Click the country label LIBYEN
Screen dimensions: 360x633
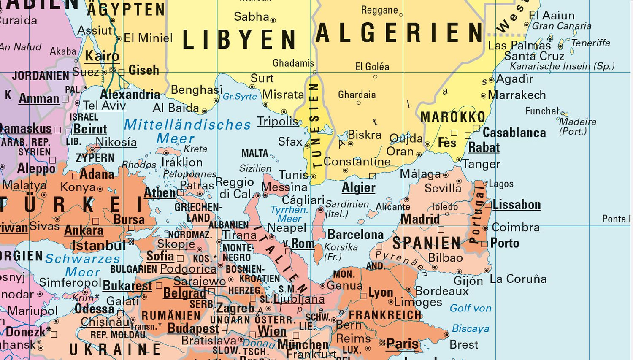click(x=239, y=39)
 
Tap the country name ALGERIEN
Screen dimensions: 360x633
click(x=399, y=33)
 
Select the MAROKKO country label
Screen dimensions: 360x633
click(x=453, y=117)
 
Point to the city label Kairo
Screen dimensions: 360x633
click(x=102, y=56)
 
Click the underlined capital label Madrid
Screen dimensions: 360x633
click(x=420, y=219)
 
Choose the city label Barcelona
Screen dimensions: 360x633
click(x=355, y=234)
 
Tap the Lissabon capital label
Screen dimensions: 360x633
click(x=517, y=205)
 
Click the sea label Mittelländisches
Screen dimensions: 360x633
click(x=187, y=125)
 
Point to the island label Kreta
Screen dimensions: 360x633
click(x=195, y=149)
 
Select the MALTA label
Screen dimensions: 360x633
click(x=254, y=153)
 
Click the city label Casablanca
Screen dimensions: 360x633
click(x=514, y=133)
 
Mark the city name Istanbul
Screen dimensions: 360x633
click(x=98, y=245)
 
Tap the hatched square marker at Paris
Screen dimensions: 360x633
click(x=382, y=343)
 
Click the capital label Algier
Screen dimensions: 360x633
click(x=358, y=187)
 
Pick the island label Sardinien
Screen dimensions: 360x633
click(x=347, y=204)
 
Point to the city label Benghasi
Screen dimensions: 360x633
click(x=197, y=90)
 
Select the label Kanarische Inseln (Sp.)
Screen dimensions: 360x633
click(x=562, y=66)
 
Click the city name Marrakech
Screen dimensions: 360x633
click(x=517, y=95)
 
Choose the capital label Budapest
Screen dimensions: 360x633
click(x=193, y=328)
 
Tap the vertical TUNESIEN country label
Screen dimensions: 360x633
click(x=314, y=125)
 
